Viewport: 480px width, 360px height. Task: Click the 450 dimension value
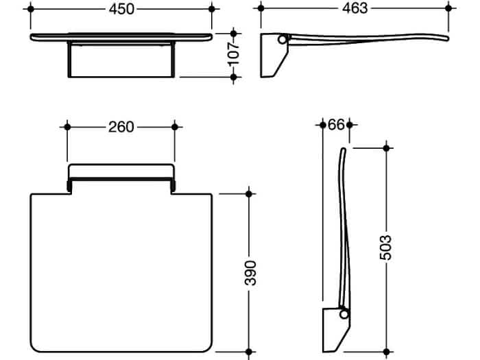pos(121,9)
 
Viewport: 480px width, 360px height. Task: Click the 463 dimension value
pos(355,8)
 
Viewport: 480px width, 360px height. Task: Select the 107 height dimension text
pos(234,54)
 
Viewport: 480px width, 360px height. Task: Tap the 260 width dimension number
pos(121,127)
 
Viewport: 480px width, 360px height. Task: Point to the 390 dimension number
pos(250,273)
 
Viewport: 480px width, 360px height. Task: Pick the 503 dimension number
pos(385,248)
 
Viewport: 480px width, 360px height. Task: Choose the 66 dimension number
pos(336,125)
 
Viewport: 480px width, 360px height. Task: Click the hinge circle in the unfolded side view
pos(283,39)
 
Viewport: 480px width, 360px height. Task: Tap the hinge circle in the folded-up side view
pos(344,314)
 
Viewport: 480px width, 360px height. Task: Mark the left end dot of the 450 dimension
pos(31,9)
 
